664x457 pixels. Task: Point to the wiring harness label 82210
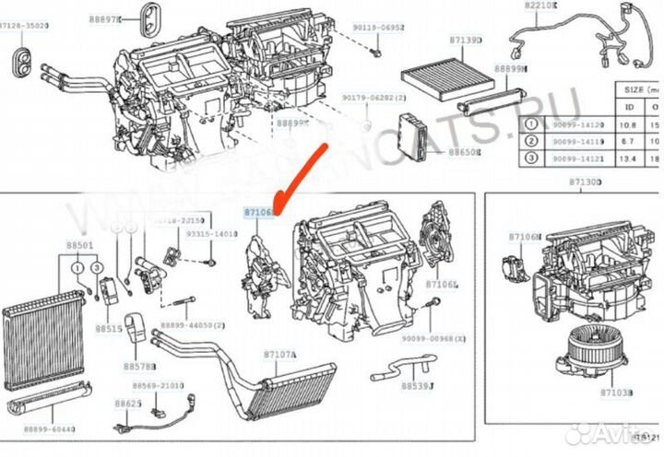541,6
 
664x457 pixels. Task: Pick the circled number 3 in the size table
531,157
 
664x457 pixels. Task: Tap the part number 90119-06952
381,29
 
